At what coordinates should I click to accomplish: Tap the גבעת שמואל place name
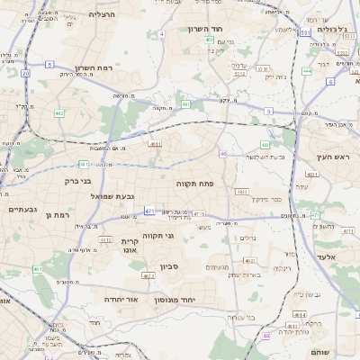[x=113, y=196]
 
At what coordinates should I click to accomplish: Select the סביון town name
[x=171, y=267]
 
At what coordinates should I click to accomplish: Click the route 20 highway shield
[x=25, y=73]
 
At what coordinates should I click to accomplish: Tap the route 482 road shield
[x=58, y=112]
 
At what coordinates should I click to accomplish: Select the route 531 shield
[x=306, y=32]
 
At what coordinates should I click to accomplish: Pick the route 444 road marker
[x=308, y=70]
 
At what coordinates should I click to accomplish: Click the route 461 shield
[x=38, y=269]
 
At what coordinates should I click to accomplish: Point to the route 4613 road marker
[x=299, y=314]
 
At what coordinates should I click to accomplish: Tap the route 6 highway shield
[x=330, y=82]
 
